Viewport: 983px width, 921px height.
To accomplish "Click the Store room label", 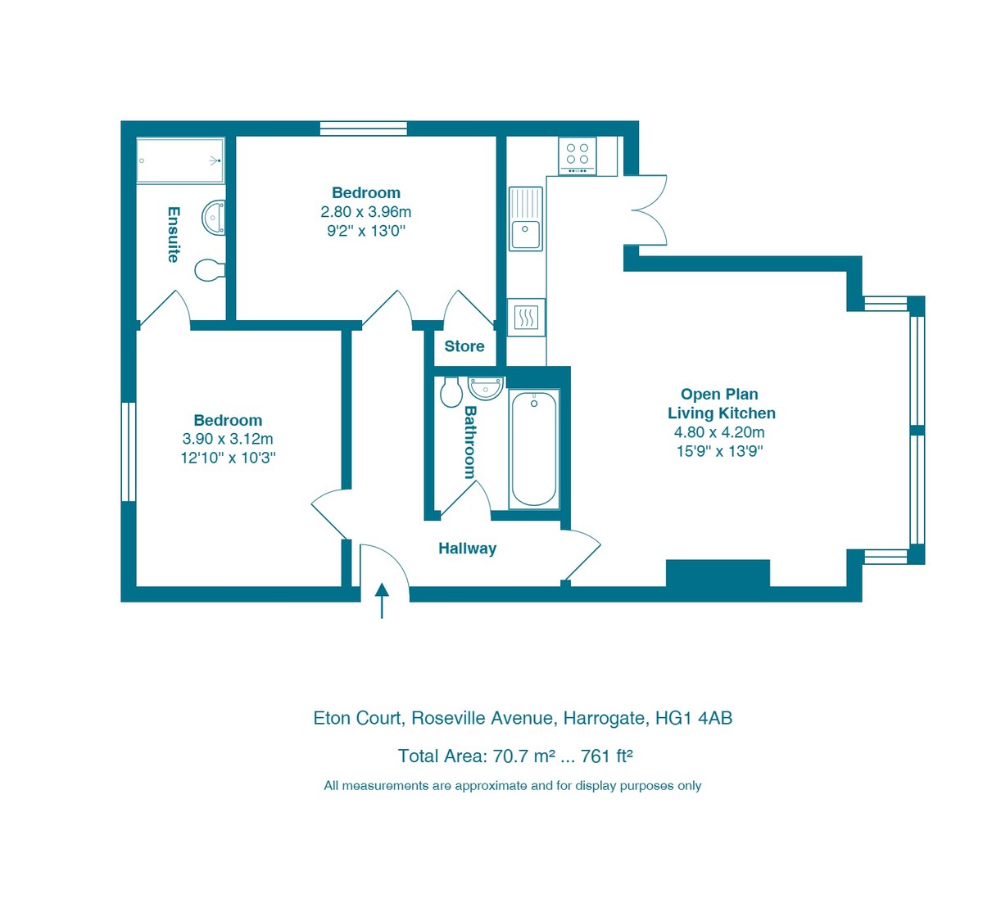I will (464, 346).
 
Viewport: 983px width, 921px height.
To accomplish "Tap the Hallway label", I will (467, 549).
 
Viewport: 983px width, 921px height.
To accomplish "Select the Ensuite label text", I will (173, 234).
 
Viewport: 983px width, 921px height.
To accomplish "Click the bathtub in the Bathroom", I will (533, 448).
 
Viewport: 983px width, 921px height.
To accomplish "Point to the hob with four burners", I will (578, 155).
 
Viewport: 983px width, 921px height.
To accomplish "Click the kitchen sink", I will (526, 219).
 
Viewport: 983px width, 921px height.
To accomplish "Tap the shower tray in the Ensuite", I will (180, 160).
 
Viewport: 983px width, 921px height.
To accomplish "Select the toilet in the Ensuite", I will (210, 269).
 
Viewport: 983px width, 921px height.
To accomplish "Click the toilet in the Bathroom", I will (451, 392).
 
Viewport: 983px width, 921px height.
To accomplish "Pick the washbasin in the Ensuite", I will (215, 218).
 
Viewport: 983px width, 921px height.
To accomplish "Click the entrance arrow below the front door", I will (382, 601).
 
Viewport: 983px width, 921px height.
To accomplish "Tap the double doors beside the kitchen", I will (648, 210).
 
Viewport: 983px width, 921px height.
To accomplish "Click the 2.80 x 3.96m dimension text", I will (365, 212).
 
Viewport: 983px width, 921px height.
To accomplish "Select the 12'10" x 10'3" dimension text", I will (228, 458).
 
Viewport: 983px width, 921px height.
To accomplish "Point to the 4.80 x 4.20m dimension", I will (719, 432).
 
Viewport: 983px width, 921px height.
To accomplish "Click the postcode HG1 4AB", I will (694, 718).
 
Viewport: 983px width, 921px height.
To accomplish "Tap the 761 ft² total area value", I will (606, 756).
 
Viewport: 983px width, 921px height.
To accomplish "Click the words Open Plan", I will (719, 395).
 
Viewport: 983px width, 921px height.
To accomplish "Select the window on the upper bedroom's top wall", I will (363, 128).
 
